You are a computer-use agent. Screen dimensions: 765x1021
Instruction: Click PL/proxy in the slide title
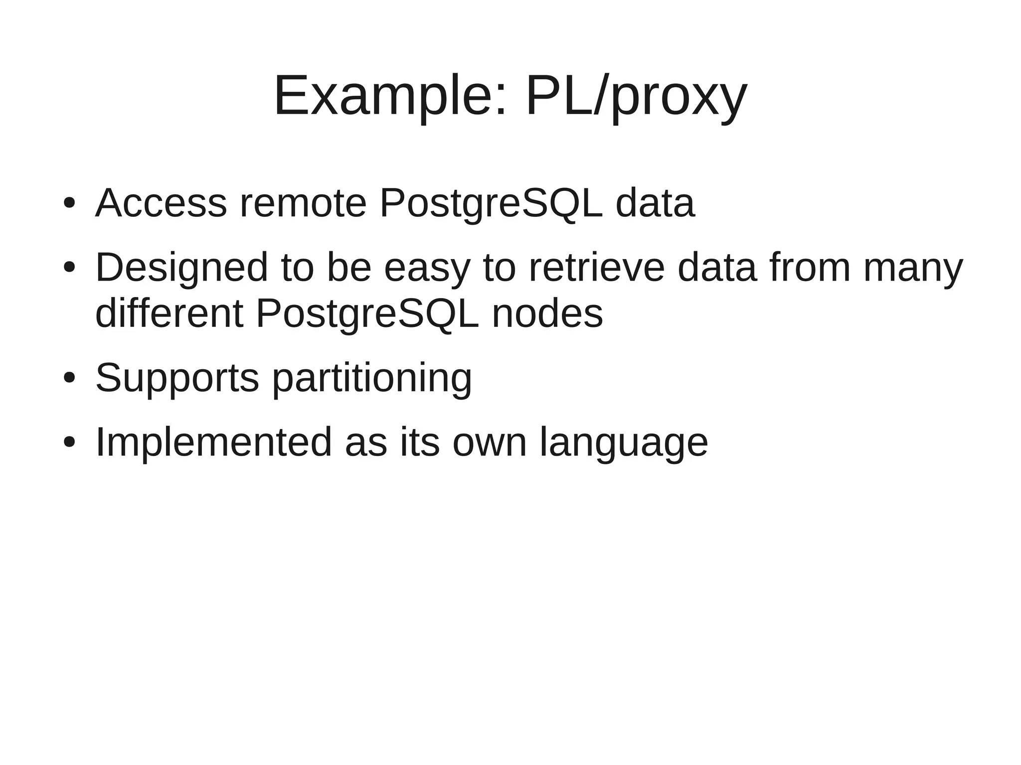[x=636, y=96]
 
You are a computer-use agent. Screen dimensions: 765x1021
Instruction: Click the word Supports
[x=177, y=378]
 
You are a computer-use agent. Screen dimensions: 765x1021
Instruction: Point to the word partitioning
[x=372, y=379]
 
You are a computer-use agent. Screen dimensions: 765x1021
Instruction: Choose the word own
[x=490, y=443]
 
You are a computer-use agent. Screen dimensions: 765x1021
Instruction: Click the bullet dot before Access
[x=69, y=203]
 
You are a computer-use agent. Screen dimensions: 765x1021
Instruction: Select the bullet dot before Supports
[x=69, y=378]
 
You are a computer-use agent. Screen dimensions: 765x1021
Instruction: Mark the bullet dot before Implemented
[x=69, y=442]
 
